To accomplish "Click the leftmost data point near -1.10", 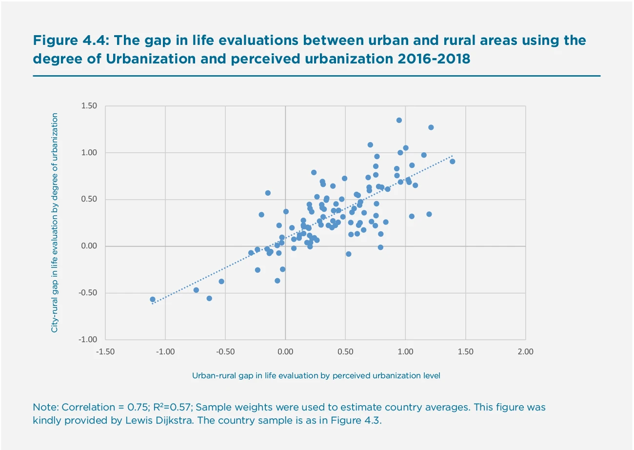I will (x=153, y=299).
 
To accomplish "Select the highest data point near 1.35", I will (x=399, y=120).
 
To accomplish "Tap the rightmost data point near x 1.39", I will (x=452, y=162).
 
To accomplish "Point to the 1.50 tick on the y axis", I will (x=89, y=106).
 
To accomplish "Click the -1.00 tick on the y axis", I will (x=89, y=340).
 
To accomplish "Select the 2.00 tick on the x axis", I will (x=525, y=351).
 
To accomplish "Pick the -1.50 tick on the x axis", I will (x=105, y=351).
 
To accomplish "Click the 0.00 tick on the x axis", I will (x=285, y=351).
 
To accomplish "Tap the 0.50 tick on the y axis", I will (x=89, y=200).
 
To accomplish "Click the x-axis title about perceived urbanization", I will (x=316, y=375).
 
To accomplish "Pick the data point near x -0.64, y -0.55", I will (x=209, y=298).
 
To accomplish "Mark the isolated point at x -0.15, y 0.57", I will (x=268, y=193).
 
